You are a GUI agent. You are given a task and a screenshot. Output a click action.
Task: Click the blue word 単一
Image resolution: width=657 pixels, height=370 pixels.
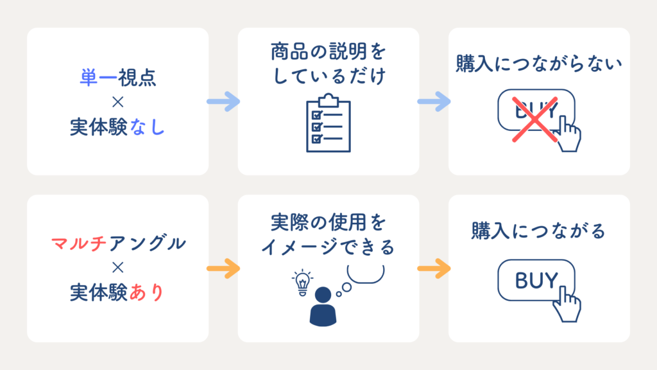98,78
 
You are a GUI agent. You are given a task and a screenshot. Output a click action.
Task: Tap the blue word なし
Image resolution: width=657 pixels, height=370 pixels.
147,127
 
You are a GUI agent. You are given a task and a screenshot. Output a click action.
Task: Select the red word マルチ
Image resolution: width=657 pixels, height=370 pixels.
78,243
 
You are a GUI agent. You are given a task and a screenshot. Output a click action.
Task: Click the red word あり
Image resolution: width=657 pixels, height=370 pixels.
146,292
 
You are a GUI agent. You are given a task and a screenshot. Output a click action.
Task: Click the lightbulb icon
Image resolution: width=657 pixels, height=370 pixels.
302,283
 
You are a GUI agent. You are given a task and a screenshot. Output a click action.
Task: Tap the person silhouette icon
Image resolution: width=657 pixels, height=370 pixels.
323,306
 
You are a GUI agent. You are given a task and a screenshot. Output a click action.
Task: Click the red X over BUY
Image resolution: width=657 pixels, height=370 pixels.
535,119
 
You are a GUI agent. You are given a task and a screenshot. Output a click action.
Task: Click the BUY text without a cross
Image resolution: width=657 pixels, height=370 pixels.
536,280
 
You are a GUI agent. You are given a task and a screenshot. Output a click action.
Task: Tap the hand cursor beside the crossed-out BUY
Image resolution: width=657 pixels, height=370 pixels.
568,134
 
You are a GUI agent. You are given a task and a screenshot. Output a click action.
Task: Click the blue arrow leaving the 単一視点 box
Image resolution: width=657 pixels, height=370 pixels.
223,101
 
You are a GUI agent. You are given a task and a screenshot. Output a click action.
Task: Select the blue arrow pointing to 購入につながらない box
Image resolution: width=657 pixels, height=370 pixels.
434,101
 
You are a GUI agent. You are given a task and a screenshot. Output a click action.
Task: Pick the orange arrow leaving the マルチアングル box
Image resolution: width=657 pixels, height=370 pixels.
223,269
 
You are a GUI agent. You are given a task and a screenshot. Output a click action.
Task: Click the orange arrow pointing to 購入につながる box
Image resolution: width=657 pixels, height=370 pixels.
434,269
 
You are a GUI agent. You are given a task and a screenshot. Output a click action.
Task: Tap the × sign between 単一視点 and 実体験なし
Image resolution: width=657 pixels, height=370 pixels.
118,102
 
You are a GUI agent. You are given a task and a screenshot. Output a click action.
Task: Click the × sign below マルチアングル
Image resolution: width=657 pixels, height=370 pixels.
118,267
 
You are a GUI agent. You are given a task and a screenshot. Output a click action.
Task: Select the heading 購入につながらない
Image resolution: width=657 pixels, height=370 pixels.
539,64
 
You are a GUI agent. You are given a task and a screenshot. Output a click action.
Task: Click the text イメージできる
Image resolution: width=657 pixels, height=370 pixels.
328,247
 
